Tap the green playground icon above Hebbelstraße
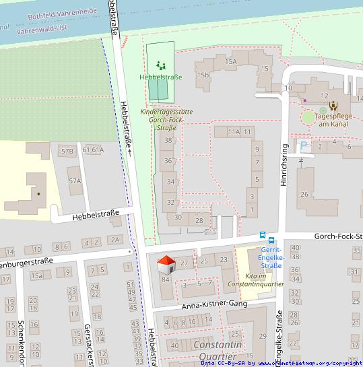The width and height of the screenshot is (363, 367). (160, 65)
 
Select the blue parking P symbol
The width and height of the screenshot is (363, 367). (304, 145)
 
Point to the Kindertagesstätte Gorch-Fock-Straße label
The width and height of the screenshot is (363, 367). (162, 119)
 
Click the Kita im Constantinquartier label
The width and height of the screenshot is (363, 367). (260, 280)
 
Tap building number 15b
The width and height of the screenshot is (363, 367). (203, 75)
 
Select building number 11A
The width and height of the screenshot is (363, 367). (234, 131)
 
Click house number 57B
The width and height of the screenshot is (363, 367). (67, 151)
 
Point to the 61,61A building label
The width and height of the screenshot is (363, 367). (93, 149)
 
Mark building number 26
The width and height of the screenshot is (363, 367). (304, 195)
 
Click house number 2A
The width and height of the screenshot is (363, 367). (114, 240)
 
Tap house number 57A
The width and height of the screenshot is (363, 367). (74, 181)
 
